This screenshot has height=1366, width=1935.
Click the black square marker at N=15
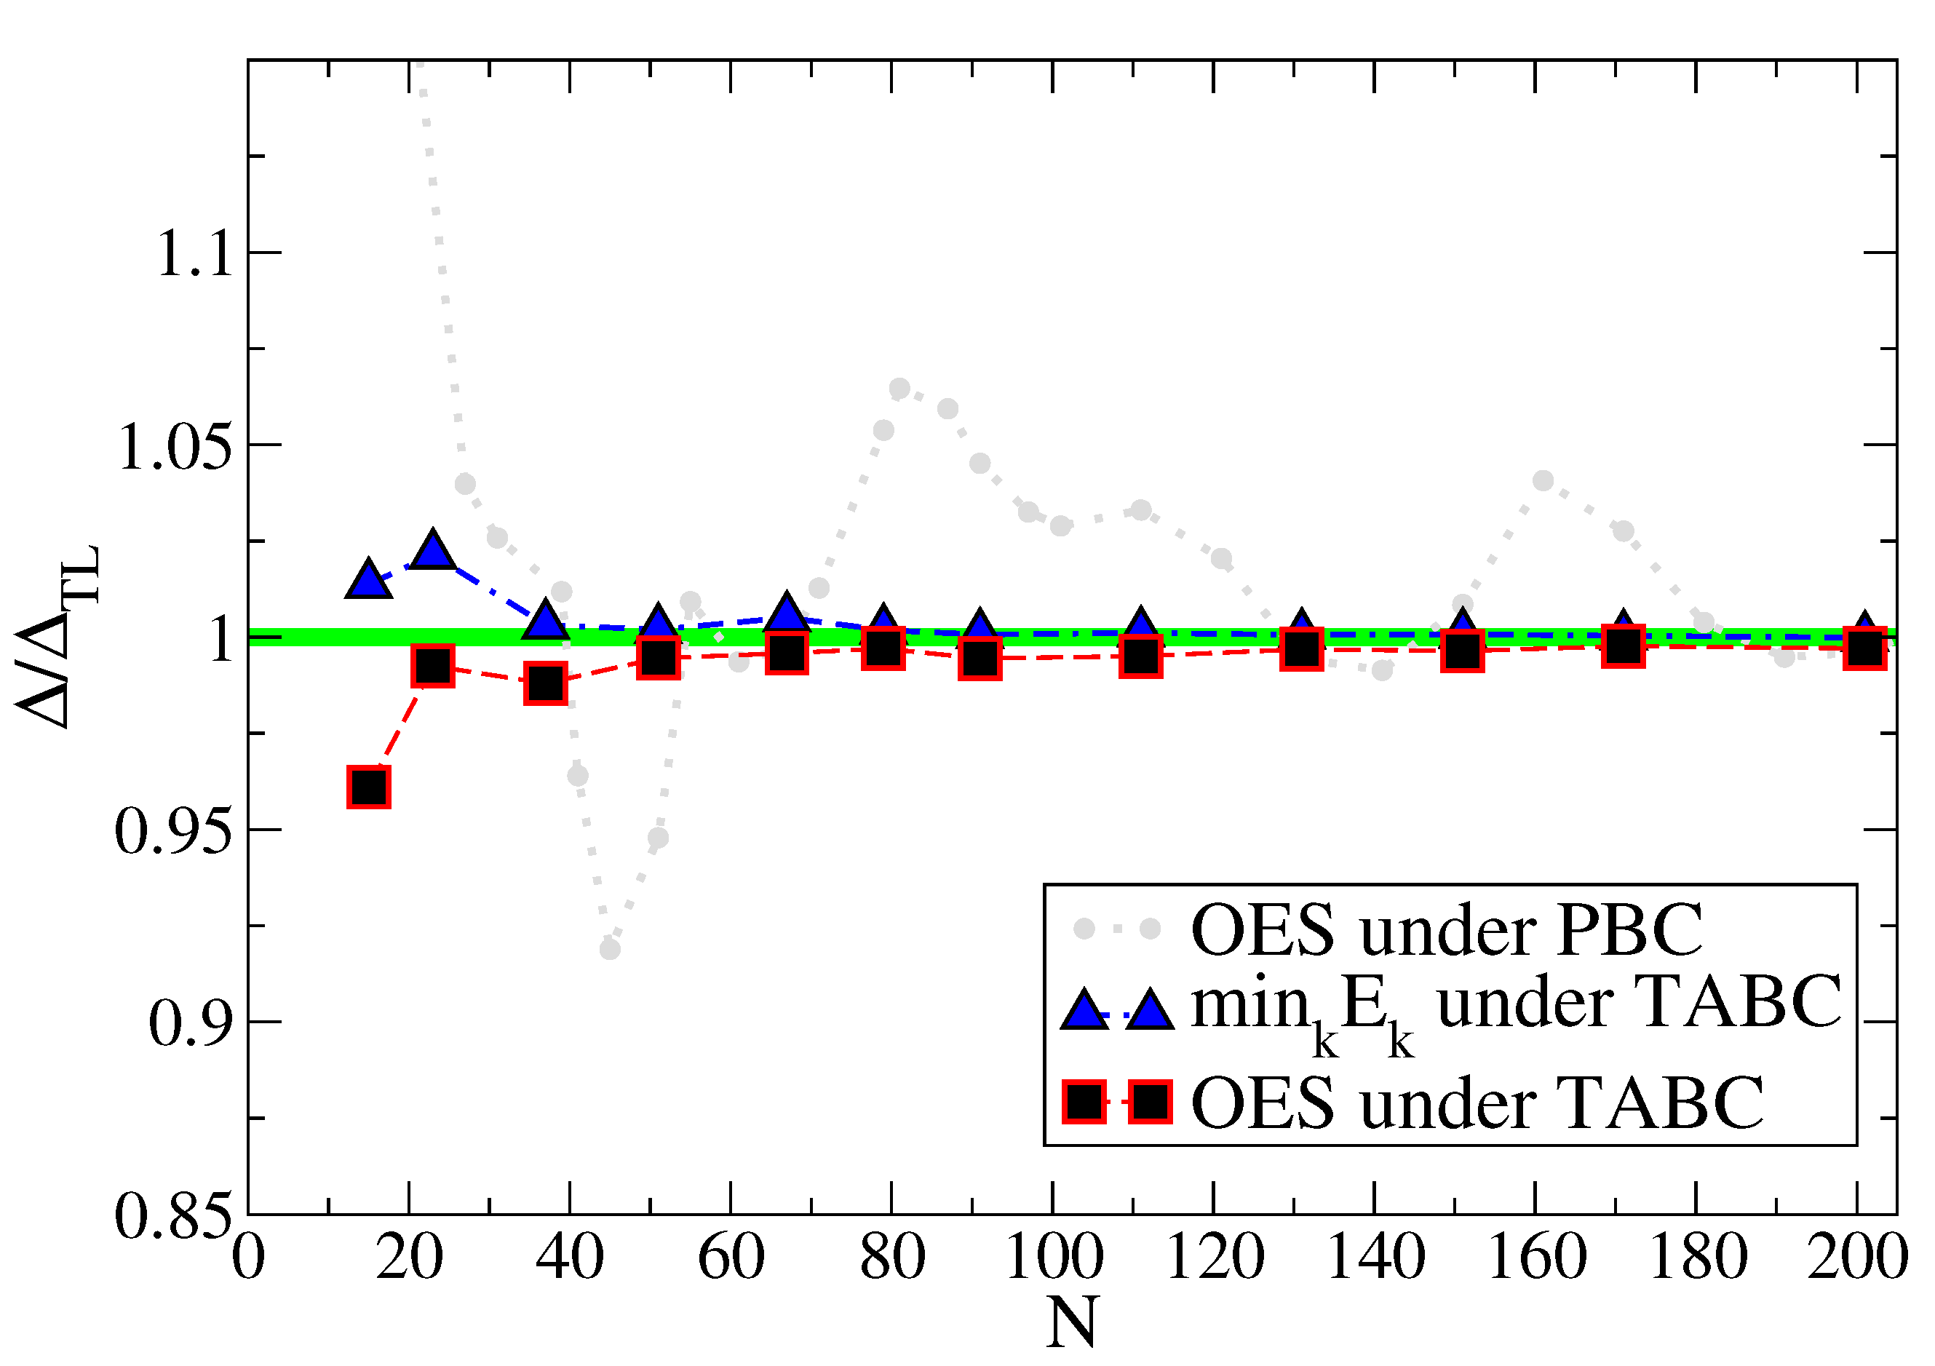(368, 788)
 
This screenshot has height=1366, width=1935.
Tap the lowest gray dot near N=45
(610, 950)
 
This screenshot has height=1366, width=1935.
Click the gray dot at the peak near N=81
(899, 389)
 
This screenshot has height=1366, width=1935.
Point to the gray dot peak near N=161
(1543, 481)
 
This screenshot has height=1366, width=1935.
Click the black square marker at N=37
(545, 683)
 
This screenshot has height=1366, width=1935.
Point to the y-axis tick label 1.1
(194, 255)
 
